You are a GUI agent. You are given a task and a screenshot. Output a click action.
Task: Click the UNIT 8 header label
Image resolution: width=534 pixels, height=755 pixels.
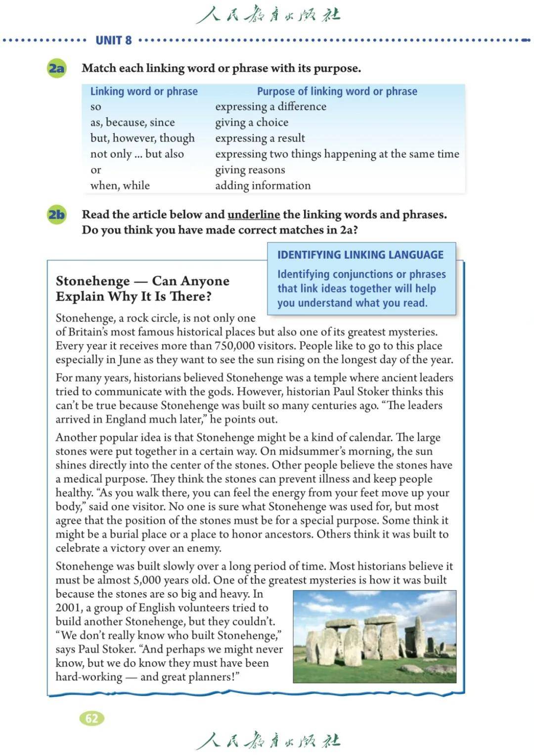pos(114,40)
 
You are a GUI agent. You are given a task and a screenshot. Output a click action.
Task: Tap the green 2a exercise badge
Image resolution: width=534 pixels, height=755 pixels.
pos(57,68)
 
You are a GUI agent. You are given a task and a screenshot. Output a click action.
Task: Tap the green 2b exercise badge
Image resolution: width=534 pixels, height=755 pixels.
pos(57,215)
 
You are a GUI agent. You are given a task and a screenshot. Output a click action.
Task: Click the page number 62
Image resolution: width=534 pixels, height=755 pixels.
pos(92,718)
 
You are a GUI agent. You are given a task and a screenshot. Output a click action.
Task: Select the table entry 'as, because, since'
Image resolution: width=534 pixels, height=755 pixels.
pos(133,122)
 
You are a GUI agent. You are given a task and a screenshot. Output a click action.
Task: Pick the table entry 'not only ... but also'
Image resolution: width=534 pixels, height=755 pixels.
pos(137,154)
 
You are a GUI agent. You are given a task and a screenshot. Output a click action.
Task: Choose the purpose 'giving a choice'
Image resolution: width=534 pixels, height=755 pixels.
pos(252,122)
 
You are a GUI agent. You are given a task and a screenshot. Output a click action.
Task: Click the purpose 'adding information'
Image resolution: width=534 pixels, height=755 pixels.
pos(263,186)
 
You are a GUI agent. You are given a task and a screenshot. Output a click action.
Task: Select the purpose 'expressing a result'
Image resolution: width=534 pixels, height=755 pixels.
pos(260,138)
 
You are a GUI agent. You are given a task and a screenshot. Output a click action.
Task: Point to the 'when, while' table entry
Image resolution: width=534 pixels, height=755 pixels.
pos(120,186)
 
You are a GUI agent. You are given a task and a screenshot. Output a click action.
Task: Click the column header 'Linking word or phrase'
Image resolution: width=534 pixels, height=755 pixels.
pos(144,92)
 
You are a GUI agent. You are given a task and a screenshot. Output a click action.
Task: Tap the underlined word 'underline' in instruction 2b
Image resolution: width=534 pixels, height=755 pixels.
pos(254,215)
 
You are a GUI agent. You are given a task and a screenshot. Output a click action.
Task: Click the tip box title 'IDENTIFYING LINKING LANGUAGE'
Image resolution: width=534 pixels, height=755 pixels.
pos(360,255)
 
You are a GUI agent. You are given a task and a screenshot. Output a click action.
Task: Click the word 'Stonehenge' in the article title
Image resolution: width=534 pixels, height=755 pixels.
pos(93,281)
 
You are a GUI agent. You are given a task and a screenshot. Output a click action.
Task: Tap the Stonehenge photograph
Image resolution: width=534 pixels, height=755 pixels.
pos(374,636)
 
